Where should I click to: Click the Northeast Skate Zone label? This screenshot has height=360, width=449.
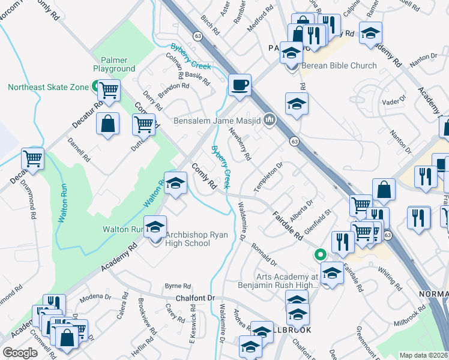coord(48,87)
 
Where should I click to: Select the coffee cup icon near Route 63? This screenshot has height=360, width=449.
coord(240,85)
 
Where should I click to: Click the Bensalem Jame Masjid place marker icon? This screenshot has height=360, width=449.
coord(270,121)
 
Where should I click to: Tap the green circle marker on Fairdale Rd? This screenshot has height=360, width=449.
coord(321,254)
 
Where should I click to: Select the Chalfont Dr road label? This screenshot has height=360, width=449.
coord(195,298)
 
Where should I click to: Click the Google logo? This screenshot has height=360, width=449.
coord(20,352)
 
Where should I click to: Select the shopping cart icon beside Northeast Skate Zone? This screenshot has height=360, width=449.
coord(109,91)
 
